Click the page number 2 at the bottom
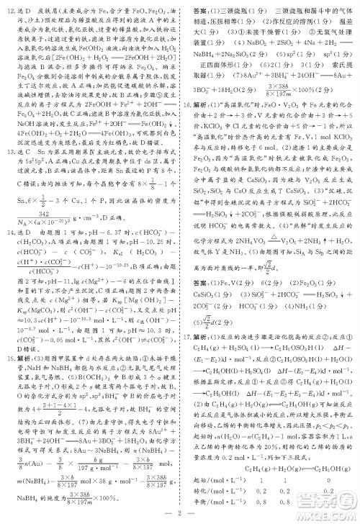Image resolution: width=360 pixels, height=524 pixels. point(180,512)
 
